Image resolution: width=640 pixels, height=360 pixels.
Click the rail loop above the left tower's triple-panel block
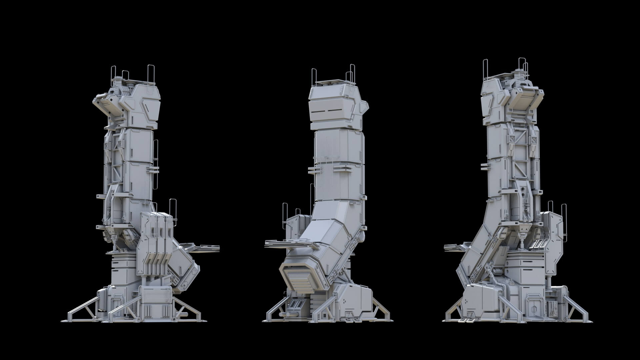(172, 206)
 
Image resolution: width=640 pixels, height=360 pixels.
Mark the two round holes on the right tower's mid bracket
(524, 192)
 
